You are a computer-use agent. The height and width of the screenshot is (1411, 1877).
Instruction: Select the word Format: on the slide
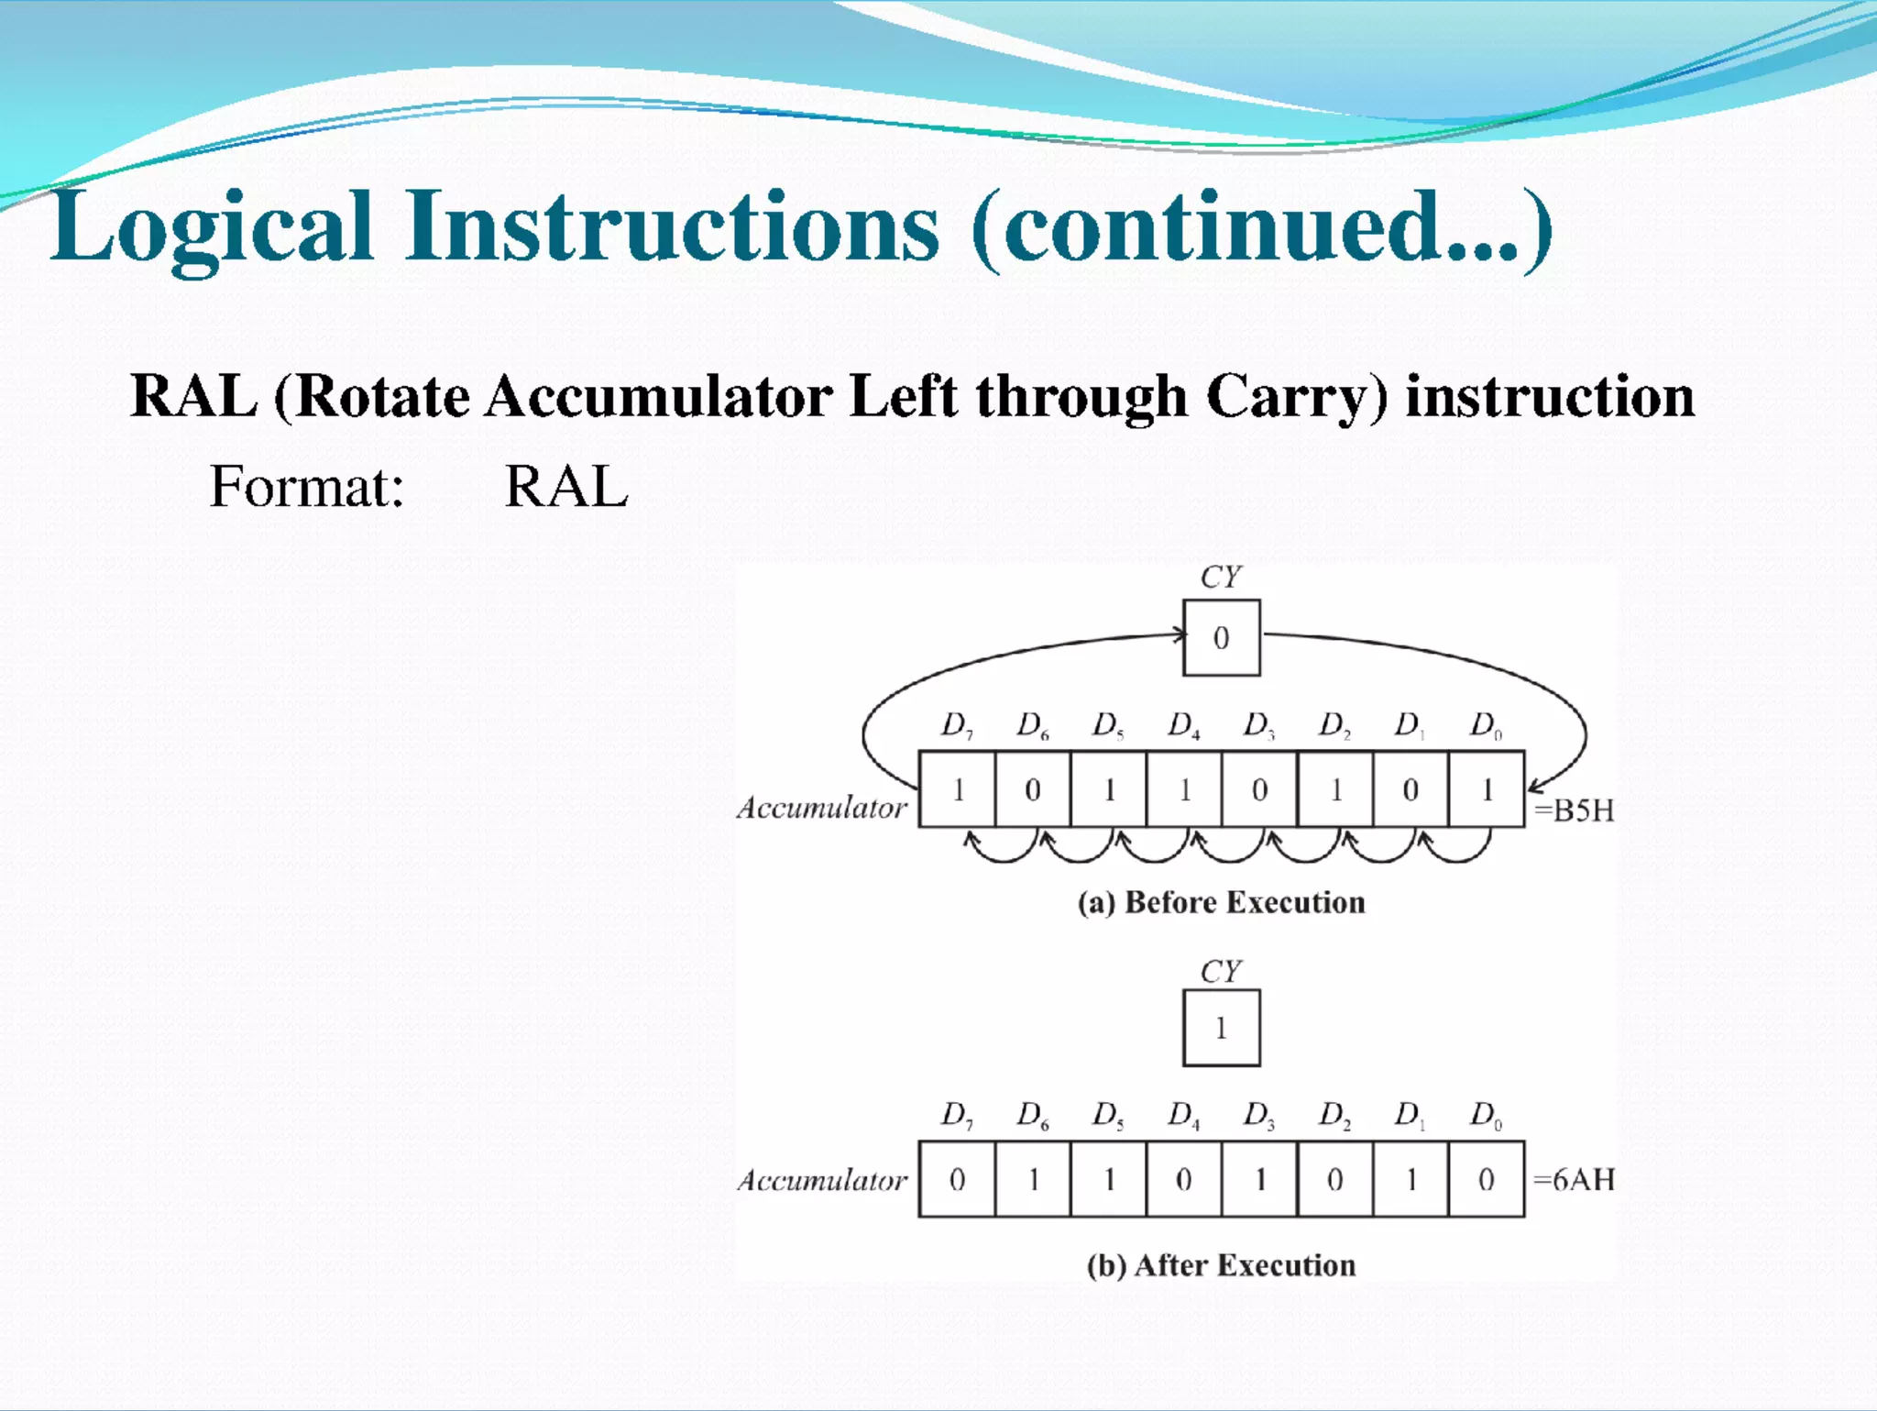pyautogui.click(x=307, y=486)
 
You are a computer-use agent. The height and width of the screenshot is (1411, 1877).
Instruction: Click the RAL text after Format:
pyautogui.click(x=566, y=486)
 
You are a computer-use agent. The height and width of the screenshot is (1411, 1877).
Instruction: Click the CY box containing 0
pyautogui.click(x=1221, y=638)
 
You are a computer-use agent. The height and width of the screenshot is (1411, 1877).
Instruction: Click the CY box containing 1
pyautogui.click(x=1221, y=1028)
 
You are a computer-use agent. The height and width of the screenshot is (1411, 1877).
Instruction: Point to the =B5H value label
pyautogui.click(x=1574, y=810)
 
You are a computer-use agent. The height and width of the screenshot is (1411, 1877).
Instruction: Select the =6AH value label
pyautogui.click(x=1574, y=1179)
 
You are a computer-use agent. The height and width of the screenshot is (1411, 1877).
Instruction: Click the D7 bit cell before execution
pyautogui.click(x=957, y=789)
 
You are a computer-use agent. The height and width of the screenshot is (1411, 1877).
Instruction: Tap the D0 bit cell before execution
pyautogui.click(x=1487, y=789)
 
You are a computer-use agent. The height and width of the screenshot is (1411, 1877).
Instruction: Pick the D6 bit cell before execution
pyautogui.click(x=1032, y=789)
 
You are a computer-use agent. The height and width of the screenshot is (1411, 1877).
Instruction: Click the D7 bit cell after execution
pyautogui.click(x=957, y=1179)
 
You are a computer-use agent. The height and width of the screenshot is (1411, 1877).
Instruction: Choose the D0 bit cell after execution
pyautogui.click(x=1487, y=1179)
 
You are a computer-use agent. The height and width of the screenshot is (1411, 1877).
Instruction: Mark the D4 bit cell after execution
pyautogui.click(x=1183, y=1179)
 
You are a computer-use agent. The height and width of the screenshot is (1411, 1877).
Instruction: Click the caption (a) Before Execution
pyautogui.click(x=1221, y=902)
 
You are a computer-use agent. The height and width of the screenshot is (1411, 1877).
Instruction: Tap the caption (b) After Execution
pyautogui.click(x=1221, y=1265)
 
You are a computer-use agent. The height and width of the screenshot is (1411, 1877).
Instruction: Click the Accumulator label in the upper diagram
pyautogui.click(x=822, y=808)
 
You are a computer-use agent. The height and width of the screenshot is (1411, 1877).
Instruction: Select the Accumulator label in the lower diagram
pyautogui.click(x=822, y=1180)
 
